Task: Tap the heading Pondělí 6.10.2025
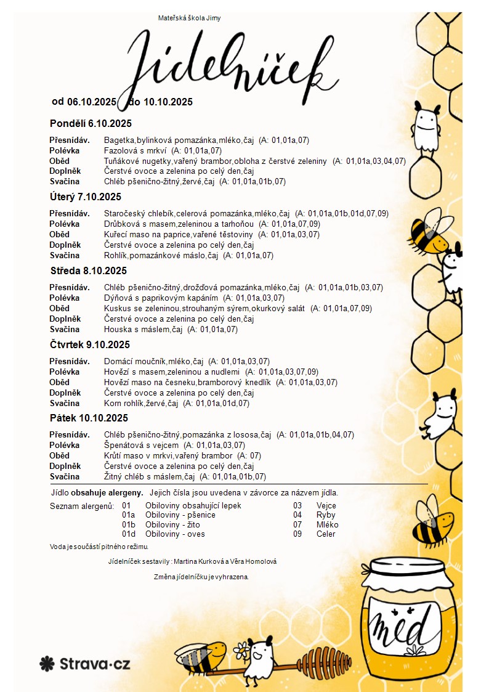(91, 123)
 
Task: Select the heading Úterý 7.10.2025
(86, 197)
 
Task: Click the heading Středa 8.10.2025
(88, 271)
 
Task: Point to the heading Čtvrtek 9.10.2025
(90, 344)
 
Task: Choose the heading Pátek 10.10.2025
(89, 418)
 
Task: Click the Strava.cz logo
(85, 664)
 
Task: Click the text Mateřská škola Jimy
(190, 18)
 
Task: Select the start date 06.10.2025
(92, 102)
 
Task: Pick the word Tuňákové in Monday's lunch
(121, 161)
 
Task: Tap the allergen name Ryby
(326, 515)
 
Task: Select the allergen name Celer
(326, 534)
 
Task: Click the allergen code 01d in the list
(128, 534)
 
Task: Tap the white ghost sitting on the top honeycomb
(426, 128)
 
